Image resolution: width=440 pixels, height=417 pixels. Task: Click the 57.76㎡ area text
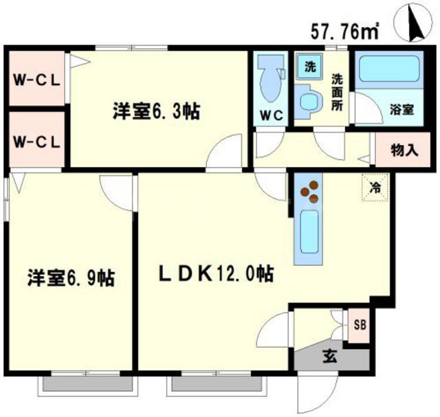point(346,30)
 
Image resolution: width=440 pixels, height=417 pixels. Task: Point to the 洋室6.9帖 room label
point(70,278)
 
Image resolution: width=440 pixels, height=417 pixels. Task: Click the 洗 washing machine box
point(309,67)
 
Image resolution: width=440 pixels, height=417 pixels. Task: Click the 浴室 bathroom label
point(401,109)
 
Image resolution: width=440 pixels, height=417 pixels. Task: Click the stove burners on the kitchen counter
point(309,191)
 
